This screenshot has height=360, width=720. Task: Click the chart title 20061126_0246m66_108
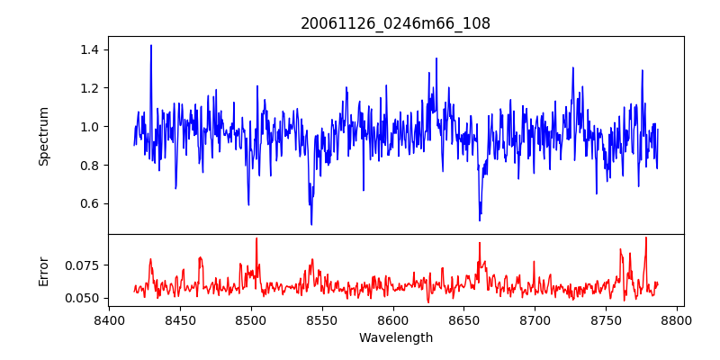click(x=395, y=23)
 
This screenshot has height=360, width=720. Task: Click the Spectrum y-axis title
click(x=43, y=136)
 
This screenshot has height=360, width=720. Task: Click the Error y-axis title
click(x=43, y=271)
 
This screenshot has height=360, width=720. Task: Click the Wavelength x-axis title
click(x=395, y=338)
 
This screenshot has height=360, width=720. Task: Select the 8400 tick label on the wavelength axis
click(x=109, y=320)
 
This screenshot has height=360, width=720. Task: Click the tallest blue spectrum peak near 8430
click(x=151, y=45)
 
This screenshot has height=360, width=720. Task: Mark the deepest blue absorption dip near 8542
click(x=311, y=223)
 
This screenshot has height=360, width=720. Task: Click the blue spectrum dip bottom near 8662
click(x=480, y=220)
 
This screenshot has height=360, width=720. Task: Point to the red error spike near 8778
click(x=646, y=238)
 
